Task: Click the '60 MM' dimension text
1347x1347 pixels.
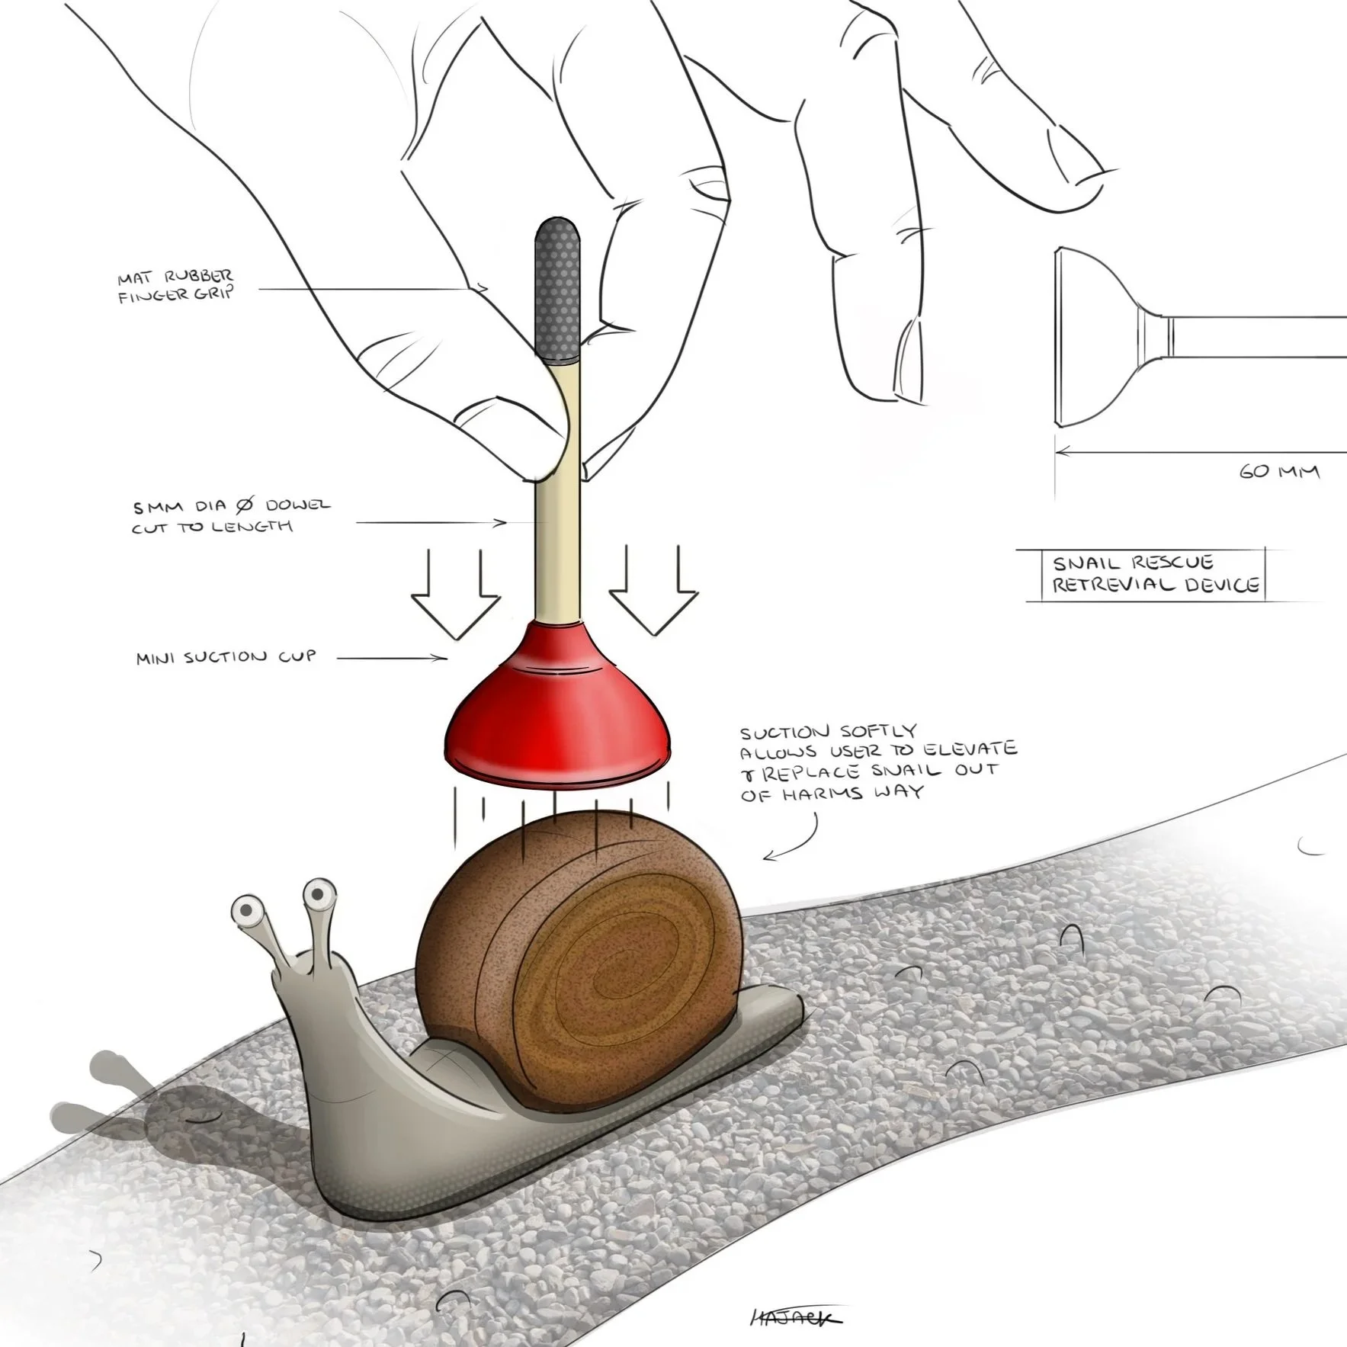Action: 1278,472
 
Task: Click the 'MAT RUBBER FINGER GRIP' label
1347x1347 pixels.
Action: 176,286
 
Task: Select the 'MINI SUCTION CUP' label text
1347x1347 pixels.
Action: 226,657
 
